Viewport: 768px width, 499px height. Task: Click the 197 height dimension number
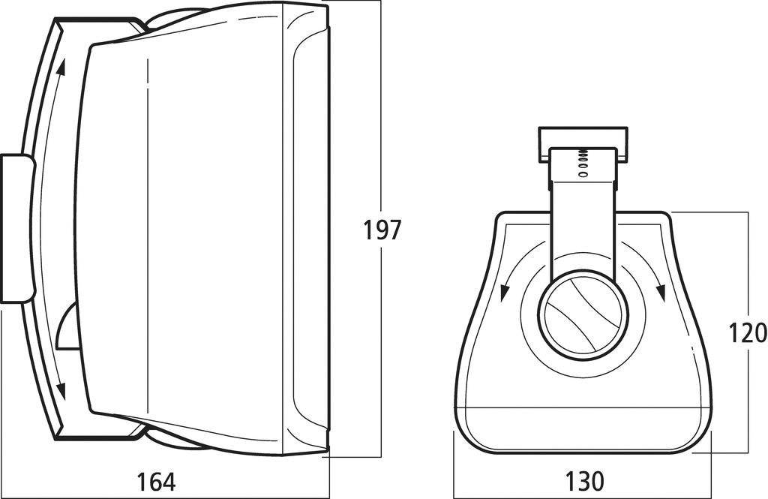coord(382,230)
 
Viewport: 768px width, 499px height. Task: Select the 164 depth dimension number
coord(157,481)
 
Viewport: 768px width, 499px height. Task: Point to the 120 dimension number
coord(748,332)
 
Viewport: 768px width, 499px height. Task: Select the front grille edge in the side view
coord(309,230)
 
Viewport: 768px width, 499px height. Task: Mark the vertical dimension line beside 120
coord(748,263)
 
